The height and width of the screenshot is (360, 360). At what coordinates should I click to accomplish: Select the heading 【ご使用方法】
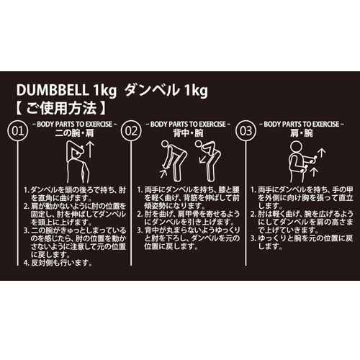point(63,110)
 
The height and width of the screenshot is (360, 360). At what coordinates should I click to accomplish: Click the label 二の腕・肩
point(73,135)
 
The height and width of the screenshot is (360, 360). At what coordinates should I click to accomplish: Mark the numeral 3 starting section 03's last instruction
point(253,237)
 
